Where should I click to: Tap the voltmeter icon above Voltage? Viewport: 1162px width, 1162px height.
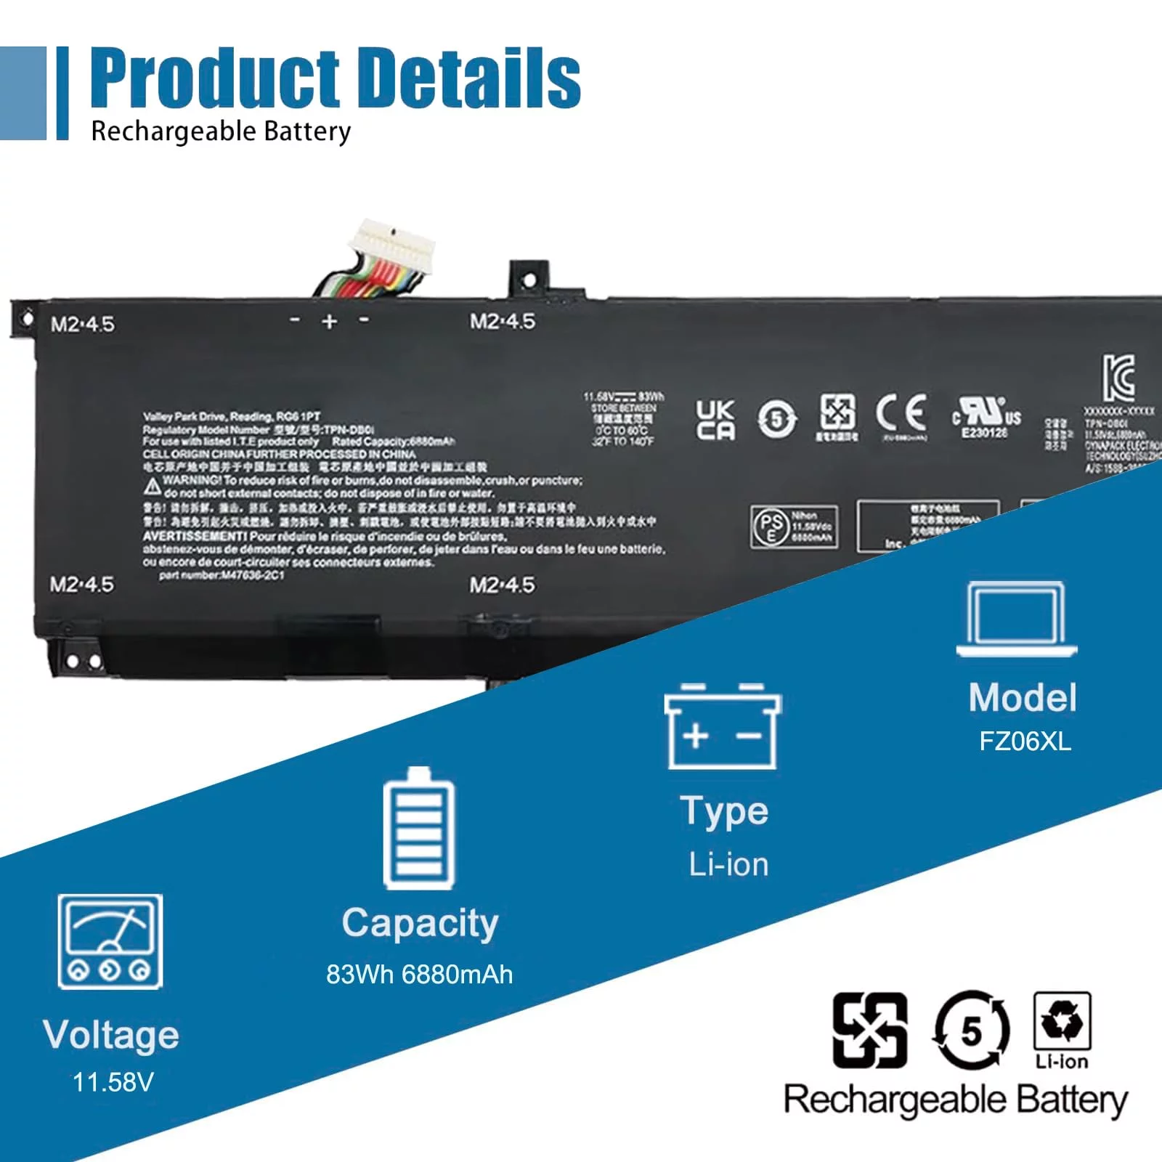[110, 941]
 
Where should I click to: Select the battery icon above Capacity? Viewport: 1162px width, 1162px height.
[418, 829]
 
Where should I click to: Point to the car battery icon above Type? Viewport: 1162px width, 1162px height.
[723, 726]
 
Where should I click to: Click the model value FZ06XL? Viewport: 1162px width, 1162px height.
[1025, 742]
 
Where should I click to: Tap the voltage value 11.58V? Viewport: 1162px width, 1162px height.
[113, 1082]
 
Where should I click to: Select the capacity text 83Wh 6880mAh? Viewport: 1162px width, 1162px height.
[419, 974]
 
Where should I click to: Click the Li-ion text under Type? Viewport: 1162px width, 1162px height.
[728, 864]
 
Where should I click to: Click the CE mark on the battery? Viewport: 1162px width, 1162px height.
[901, 414]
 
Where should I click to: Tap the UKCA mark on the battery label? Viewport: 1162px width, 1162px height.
[715, 420]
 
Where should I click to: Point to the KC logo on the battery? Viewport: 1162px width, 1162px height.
[1118, 378]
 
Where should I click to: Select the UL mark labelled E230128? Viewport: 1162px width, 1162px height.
[986, 415]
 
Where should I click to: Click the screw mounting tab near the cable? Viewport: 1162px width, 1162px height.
[529, 279]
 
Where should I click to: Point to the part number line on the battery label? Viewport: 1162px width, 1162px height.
[222, 575]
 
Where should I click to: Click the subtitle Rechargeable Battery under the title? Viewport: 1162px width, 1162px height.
[221, 131]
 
